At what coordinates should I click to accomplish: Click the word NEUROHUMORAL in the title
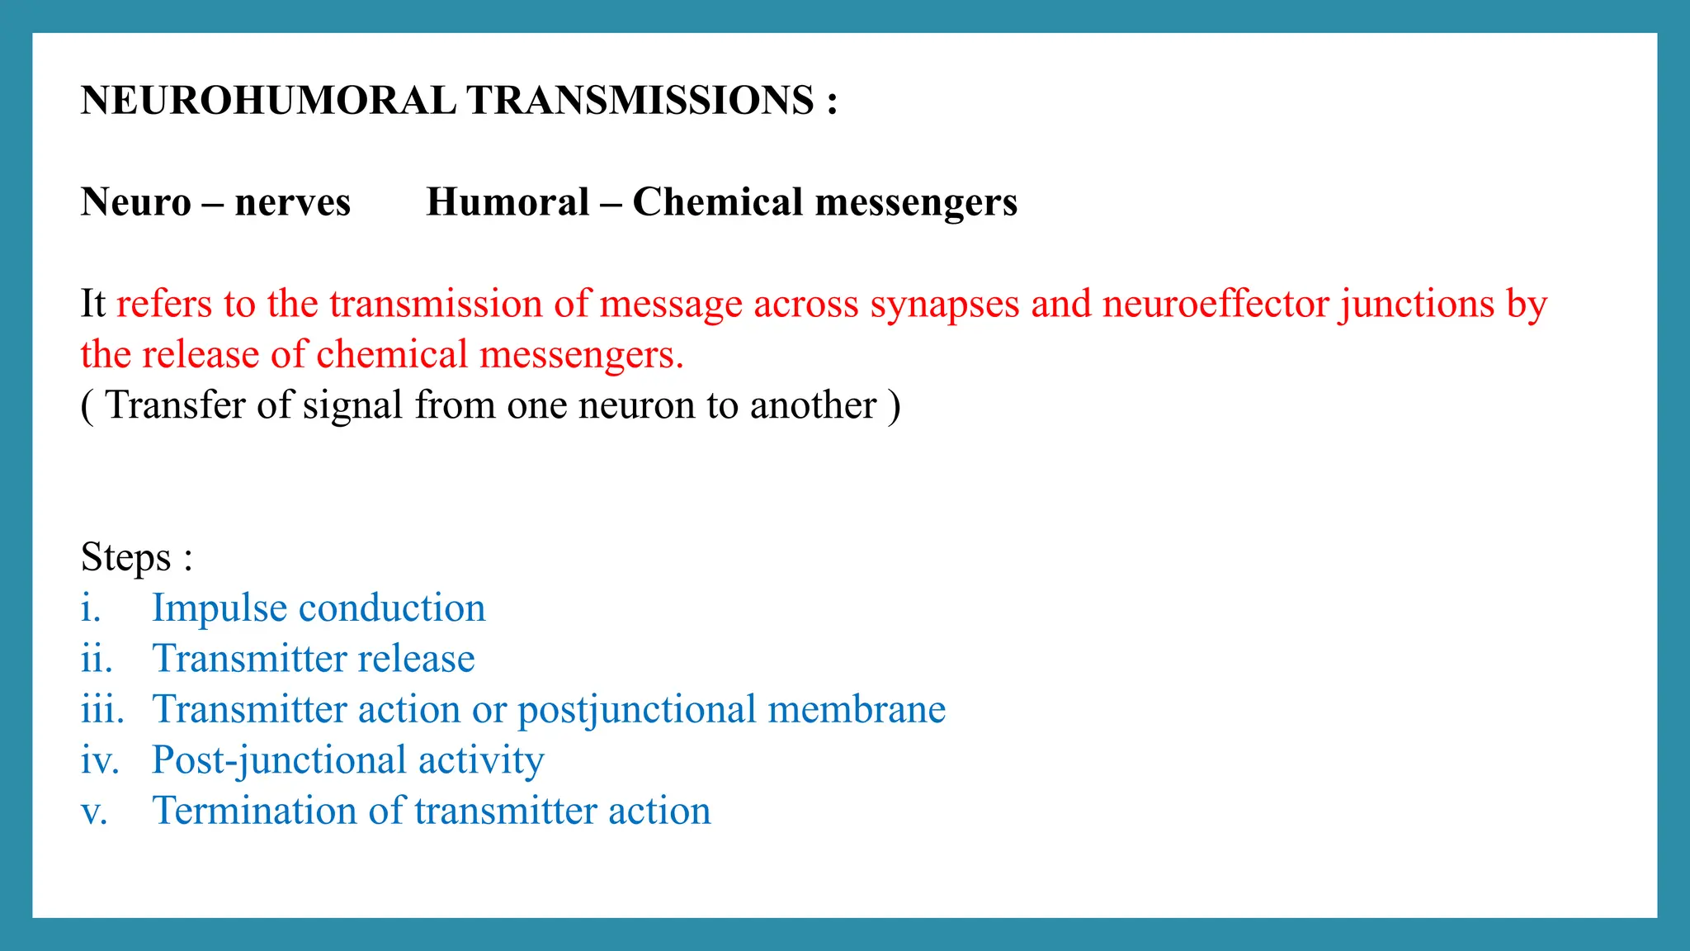[268, 101]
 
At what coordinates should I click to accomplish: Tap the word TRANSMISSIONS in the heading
[640, 101]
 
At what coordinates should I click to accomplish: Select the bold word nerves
[292, 202]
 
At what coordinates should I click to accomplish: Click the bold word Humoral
[507, 202]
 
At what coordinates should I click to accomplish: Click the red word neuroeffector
[1216, 305]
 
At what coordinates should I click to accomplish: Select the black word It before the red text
[93, 304]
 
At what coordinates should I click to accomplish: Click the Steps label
[126, 557]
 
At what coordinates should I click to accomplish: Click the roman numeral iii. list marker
[102, 710]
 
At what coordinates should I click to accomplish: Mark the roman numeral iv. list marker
[100, 761]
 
